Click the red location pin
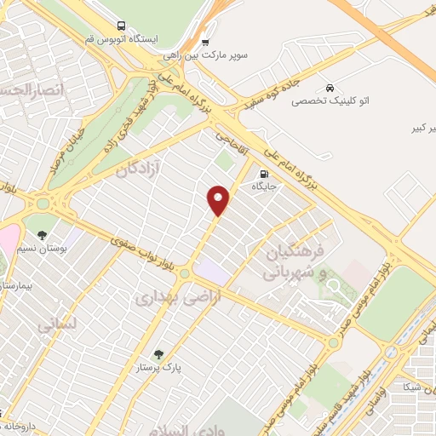pyautogui.click(x=219, y=199)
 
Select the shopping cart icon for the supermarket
pyautogui.click(x=205, y=42)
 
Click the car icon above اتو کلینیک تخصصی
pyautogui.click(x=330, y=88)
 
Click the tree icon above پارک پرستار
pyautogui.click(x=158, y=354)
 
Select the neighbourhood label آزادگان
pyautogui.click(x=133, y=169)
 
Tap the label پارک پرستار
pyautogui.click(x=158, y=368)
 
